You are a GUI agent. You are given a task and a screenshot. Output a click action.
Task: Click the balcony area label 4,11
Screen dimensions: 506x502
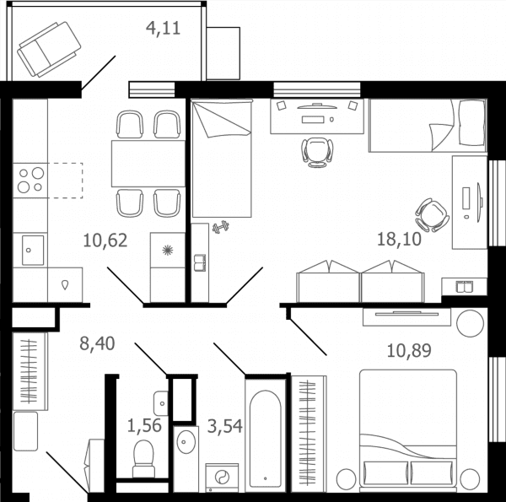[x=163, y=28]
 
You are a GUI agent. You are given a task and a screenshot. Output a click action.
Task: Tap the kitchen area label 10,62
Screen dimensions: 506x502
[x=105, y=240]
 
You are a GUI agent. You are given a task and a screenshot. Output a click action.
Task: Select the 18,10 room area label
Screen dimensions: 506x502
[x=399, y=240]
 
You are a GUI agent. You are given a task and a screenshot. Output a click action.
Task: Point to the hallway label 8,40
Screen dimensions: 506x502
[x=97, y=343]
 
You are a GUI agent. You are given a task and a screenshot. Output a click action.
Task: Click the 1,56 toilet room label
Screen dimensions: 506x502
[x=144, y=425]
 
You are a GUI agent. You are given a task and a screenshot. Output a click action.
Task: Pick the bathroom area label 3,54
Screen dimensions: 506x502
[x=225, y=426]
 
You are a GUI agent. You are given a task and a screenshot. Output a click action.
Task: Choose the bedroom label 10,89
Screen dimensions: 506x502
[x=409, y=350]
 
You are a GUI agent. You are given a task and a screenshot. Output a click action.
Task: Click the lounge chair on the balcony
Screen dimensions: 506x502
[x=49, y=49]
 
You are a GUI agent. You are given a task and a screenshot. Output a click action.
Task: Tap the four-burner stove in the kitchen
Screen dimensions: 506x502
[x=30, y=181]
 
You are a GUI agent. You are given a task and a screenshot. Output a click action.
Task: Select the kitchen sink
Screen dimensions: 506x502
[x=33, y=251]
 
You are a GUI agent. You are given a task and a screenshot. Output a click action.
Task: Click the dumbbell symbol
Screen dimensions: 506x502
[x=221, y=227]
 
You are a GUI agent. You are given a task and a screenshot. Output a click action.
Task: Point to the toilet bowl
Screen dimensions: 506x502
[x=143, y=459]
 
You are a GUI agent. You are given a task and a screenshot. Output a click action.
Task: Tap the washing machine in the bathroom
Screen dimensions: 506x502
[x=222, y=478]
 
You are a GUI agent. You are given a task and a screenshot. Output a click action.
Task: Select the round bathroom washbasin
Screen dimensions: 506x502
[x=186, y=441]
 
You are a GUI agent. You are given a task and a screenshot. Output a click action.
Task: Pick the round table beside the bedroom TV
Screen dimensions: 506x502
[x=471, y=323]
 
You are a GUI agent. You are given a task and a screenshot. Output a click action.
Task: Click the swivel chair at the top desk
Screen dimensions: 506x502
[x=317, y=153]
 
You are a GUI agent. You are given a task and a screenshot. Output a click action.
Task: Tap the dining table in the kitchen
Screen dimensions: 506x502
[x=148, y=164]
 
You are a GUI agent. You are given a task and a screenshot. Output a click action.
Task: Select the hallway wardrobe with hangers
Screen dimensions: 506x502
[x=30, y=371]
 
